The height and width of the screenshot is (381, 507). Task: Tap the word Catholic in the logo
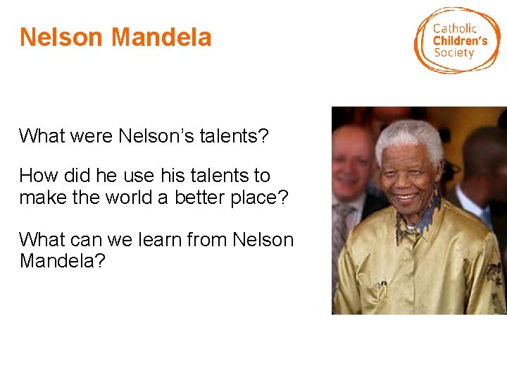click(455, 28)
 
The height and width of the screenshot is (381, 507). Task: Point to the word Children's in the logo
click(460, 41)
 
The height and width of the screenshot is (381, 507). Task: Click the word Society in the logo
click(453, 53)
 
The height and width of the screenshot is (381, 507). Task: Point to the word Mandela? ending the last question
click(63, 261)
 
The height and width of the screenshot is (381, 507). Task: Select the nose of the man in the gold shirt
click(410, 176)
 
